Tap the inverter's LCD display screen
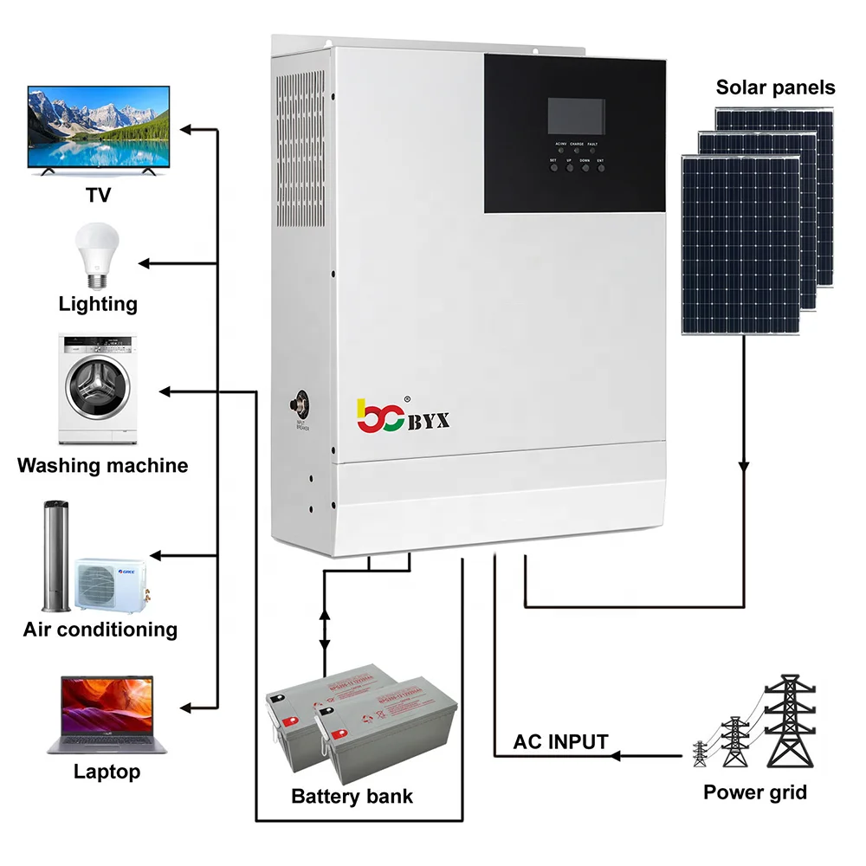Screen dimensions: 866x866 (x=575, y=116)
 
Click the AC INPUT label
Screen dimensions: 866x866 (x=560, y=742)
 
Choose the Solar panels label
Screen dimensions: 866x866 (x=775, y=87)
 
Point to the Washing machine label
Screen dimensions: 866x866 (x=102, y=466)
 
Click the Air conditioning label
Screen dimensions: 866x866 (x=100, y=629)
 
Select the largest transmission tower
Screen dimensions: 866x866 (x=788, y=727)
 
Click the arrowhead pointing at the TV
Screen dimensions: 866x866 (x=185, y=130)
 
